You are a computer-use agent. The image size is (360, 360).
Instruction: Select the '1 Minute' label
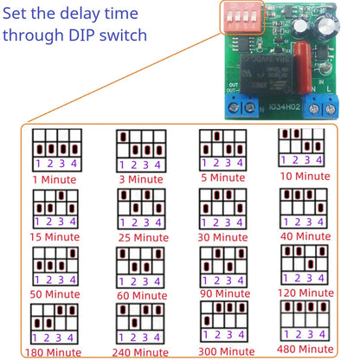point(54,179)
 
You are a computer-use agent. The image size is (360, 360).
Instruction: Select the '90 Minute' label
point(222,293)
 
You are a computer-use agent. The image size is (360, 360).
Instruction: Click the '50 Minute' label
point(54,294)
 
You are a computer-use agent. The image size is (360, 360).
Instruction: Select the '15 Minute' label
point(54,236)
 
